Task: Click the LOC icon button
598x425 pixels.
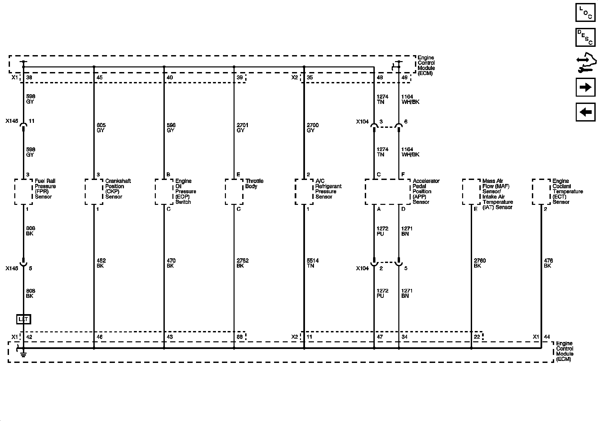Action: click(x=585, y=12)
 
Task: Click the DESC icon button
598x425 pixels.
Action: click(x=585, y=37)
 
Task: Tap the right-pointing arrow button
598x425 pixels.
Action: click(x=585, y=87)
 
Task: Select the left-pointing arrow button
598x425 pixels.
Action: click(x=585, y=112)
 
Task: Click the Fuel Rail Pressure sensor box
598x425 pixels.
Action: click(x=23, y=192)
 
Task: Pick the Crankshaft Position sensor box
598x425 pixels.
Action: click(x=94, y=192)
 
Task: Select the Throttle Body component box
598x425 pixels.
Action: click(x=234, y=192)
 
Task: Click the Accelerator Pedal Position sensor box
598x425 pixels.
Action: click(x=387, y=192)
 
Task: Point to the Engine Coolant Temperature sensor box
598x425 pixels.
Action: click(x=541, y=192)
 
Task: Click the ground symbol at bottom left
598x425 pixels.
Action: click(x=23, y=353)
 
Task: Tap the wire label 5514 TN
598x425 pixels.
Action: click(x=313, y=263)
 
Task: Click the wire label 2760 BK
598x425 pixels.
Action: click(x=479, y=263)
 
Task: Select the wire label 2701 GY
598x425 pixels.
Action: click(x=243, y=128)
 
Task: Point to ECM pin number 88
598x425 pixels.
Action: click(x=239, y=337)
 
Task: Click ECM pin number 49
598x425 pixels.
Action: click(x=404, y=78)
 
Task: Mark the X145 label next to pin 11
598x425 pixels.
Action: click(x=12, y=121)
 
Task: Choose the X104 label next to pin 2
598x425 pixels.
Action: click(x=362, y=268)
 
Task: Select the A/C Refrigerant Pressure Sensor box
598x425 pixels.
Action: click(x=304, y=192)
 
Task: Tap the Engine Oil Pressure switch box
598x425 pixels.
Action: click(x=164, y=192)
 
